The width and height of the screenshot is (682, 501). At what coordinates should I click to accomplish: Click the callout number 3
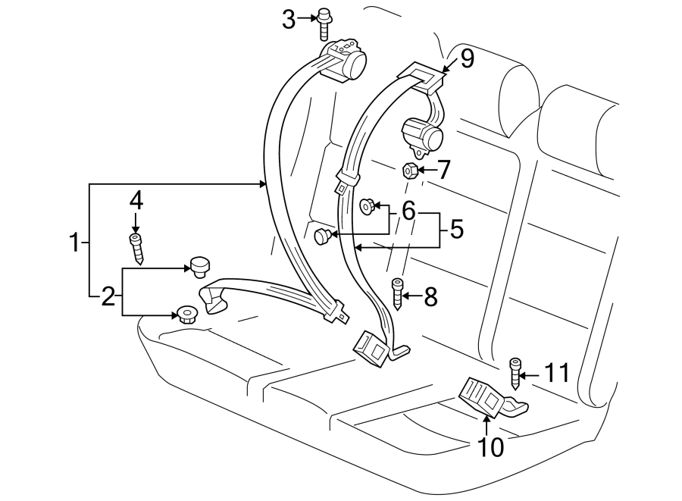(289, 20)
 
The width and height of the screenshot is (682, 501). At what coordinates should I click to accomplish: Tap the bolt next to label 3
(325, 22)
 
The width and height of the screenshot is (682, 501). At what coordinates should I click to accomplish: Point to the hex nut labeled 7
(408, 171)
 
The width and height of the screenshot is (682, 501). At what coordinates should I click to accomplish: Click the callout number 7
(443, 170)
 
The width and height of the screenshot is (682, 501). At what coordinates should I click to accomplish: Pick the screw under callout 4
(136, 247)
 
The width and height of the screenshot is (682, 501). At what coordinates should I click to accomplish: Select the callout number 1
(74, 243)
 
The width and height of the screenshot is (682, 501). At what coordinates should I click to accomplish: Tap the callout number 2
(108, 296)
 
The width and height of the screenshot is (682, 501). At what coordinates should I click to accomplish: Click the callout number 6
(408, 210)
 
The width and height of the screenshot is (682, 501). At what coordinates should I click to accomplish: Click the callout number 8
(430, 297)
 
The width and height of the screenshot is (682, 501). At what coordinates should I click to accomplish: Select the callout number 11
(556, 372)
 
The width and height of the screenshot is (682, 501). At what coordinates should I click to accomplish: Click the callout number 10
(491, 448)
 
